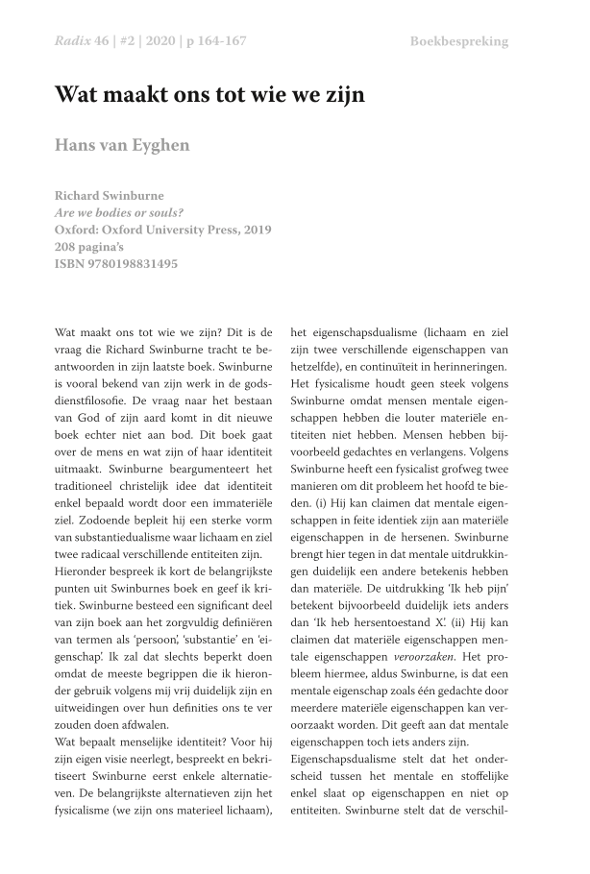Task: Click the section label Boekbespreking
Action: (x=458, y=41)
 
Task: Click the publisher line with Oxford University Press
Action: (x=163, y=230)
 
